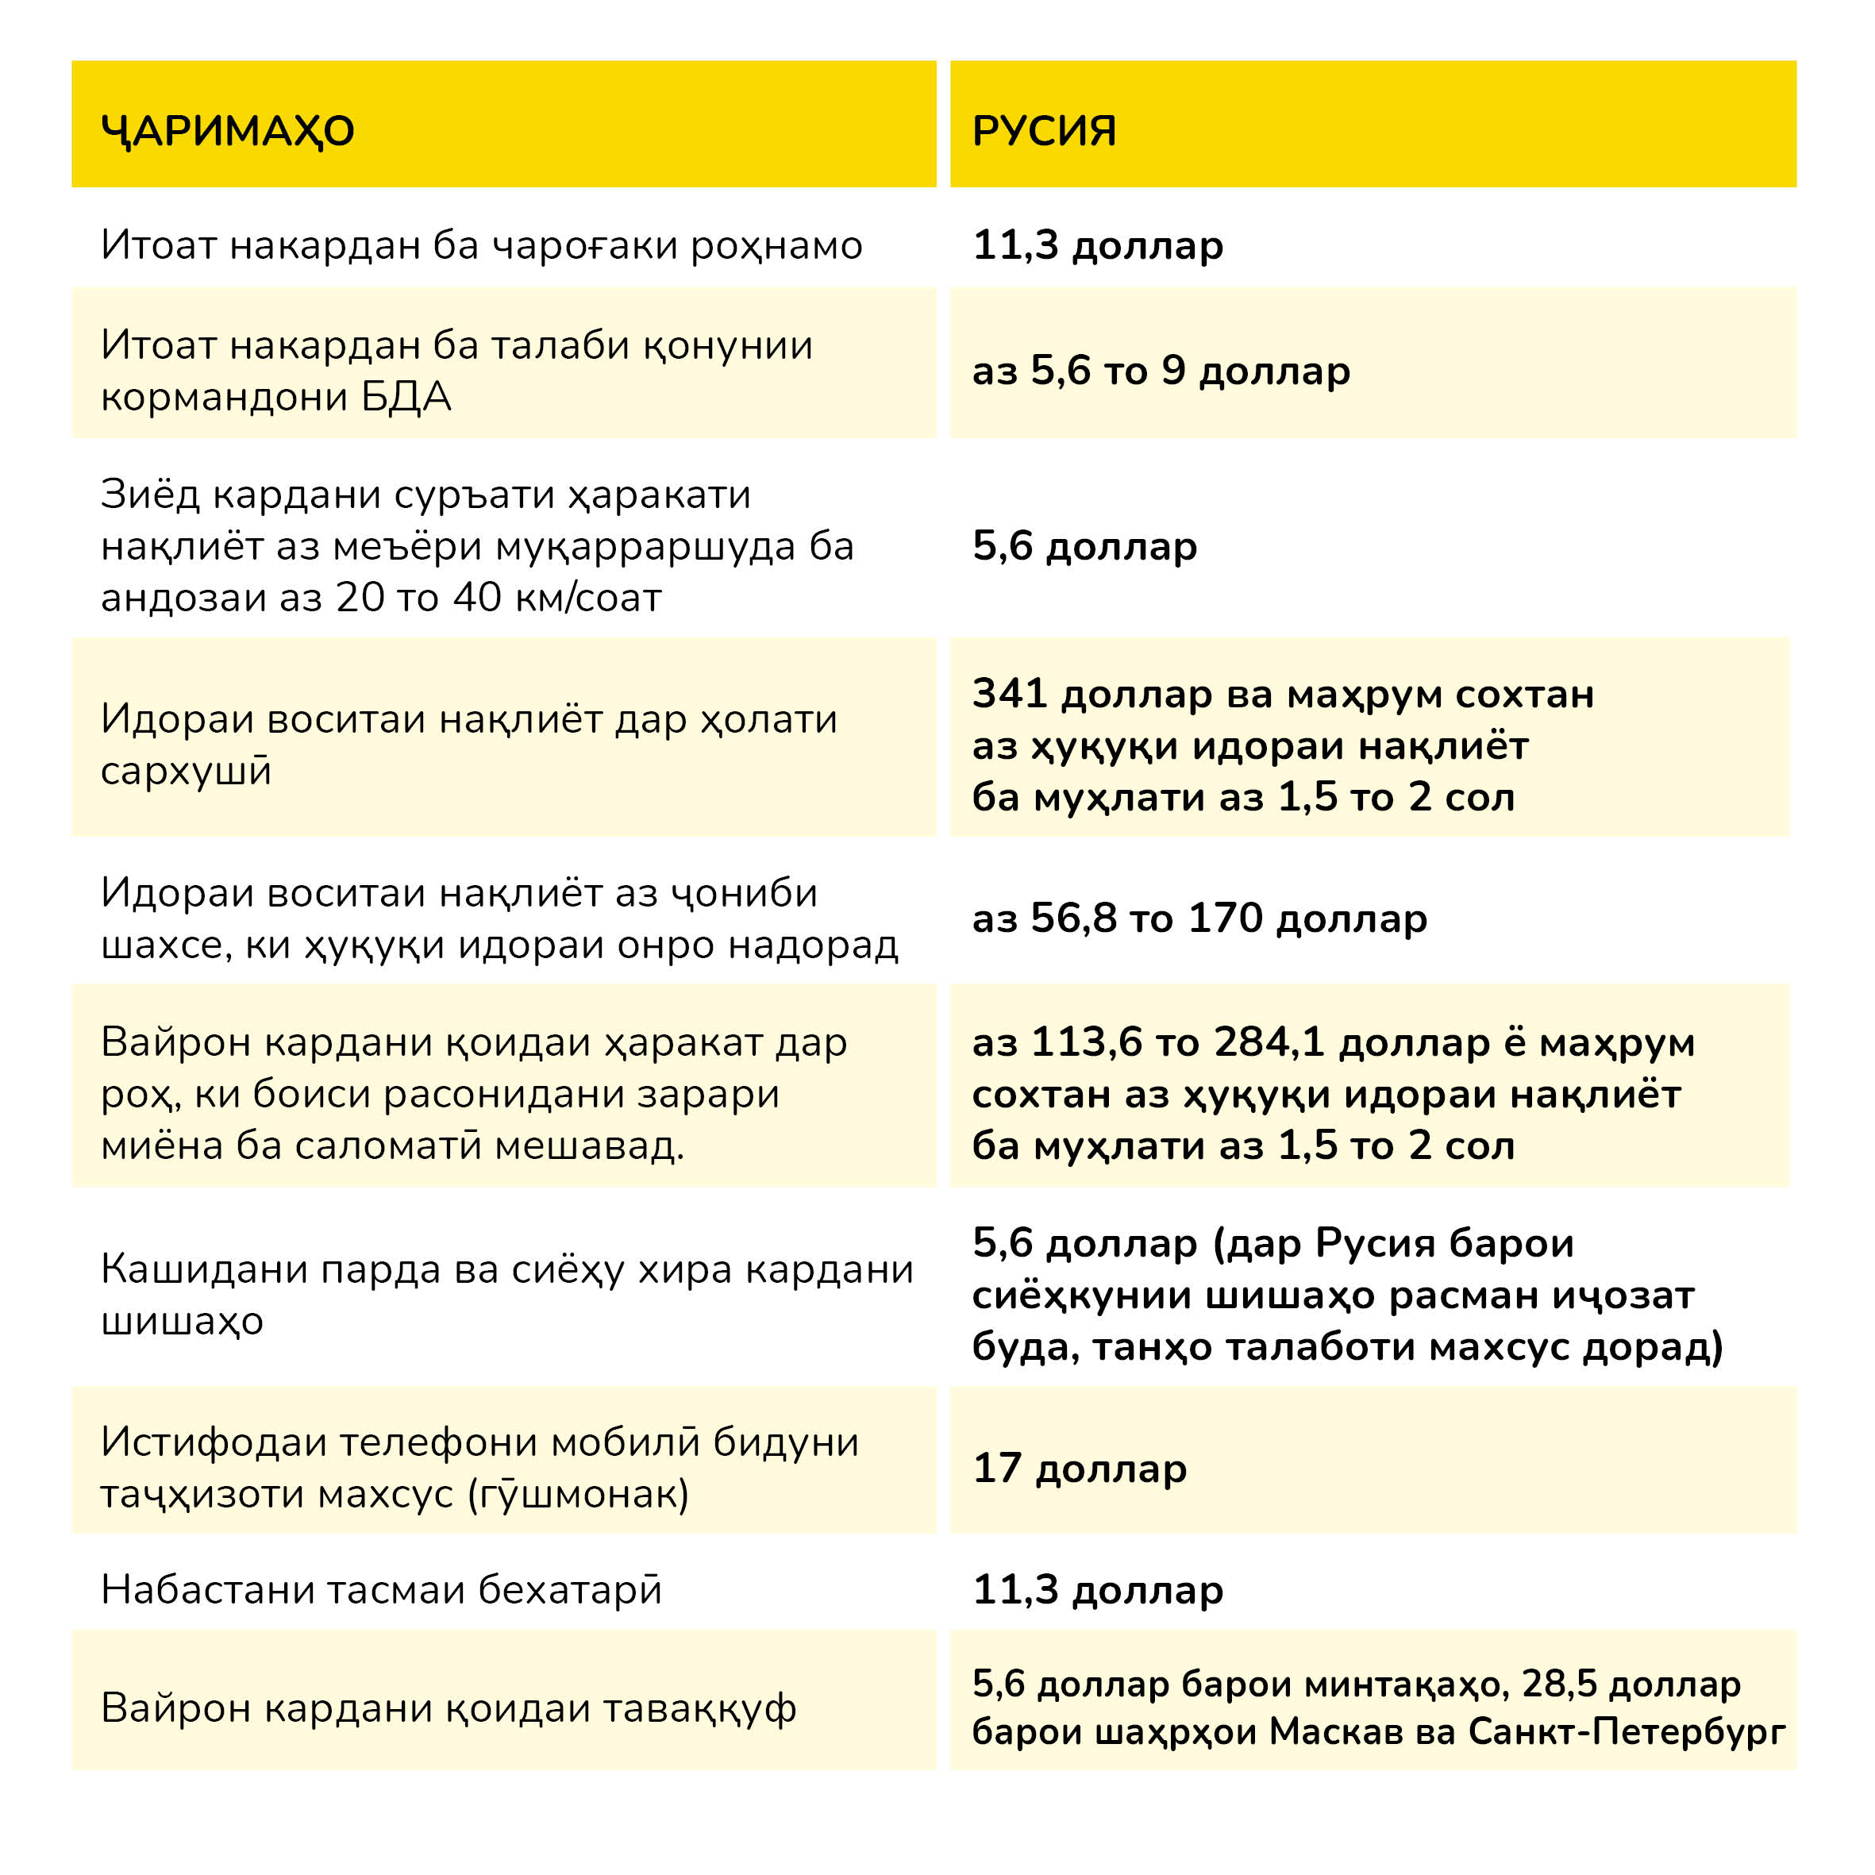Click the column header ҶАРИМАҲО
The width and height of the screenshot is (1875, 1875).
coord(227,130)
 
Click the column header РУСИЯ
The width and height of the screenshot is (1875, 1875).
coord(1044,130)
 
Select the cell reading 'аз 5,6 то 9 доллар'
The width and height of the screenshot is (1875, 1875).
coord(1161,371)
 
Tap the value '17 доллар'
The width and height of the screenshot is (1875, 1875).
coord(1079,1468)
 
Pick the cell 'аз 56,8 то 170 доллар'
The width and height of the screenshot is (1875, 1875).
coord(1199,918)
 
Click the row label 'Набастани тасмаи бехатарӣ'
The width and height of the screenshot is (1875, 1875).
coord(381,1590)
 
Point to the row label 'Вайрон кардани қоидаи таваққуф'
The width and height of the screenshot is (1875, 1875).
coord(449,1708)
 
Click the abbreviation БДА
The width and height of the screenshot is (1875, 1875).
coord(406,396)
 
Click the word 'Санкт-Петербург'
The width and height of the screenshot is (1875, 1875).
coord(1627,1731)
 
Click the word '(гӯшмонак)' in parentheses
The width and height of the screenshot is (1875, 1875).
coord(579,1495)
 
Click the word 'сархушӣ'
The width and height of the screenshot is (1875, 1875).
coord(187,771)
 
